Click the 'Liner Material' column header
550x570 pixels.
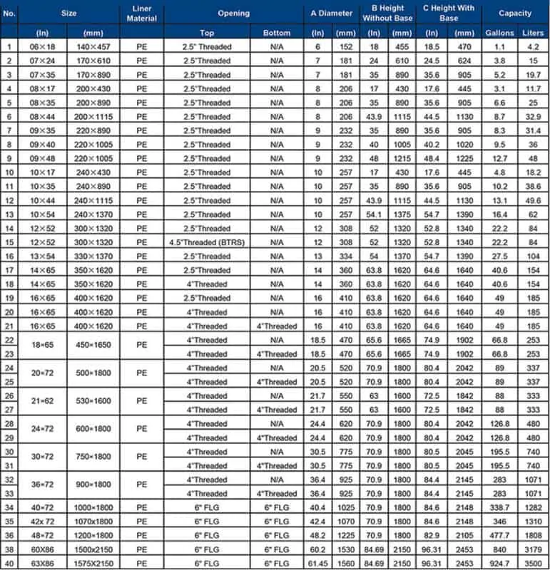coord(141,14)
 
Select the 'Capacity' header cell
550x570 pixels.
coord(514,14)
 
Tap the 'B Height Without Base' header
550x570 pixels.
coord(387,14)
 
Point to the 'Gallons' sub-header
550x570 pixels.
coord(499,33)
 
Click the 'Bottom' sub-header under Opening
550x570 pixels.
coord(277,33)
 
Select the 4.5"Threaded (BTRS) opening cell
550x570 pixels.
coord(208,242)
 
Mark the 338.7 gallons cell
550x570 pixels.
coord(499,508)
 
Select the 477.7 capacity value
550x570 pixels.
coord(499,536)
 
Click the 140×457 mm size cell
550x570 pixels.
coord(93,47)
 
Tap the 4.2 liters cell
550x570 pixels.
coord(533,47)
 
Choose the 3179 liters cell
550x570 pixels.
coord(533,550)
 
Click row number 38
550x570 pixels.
coord(9,550)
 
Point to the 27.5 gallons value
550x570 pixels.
coord(499,256)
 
